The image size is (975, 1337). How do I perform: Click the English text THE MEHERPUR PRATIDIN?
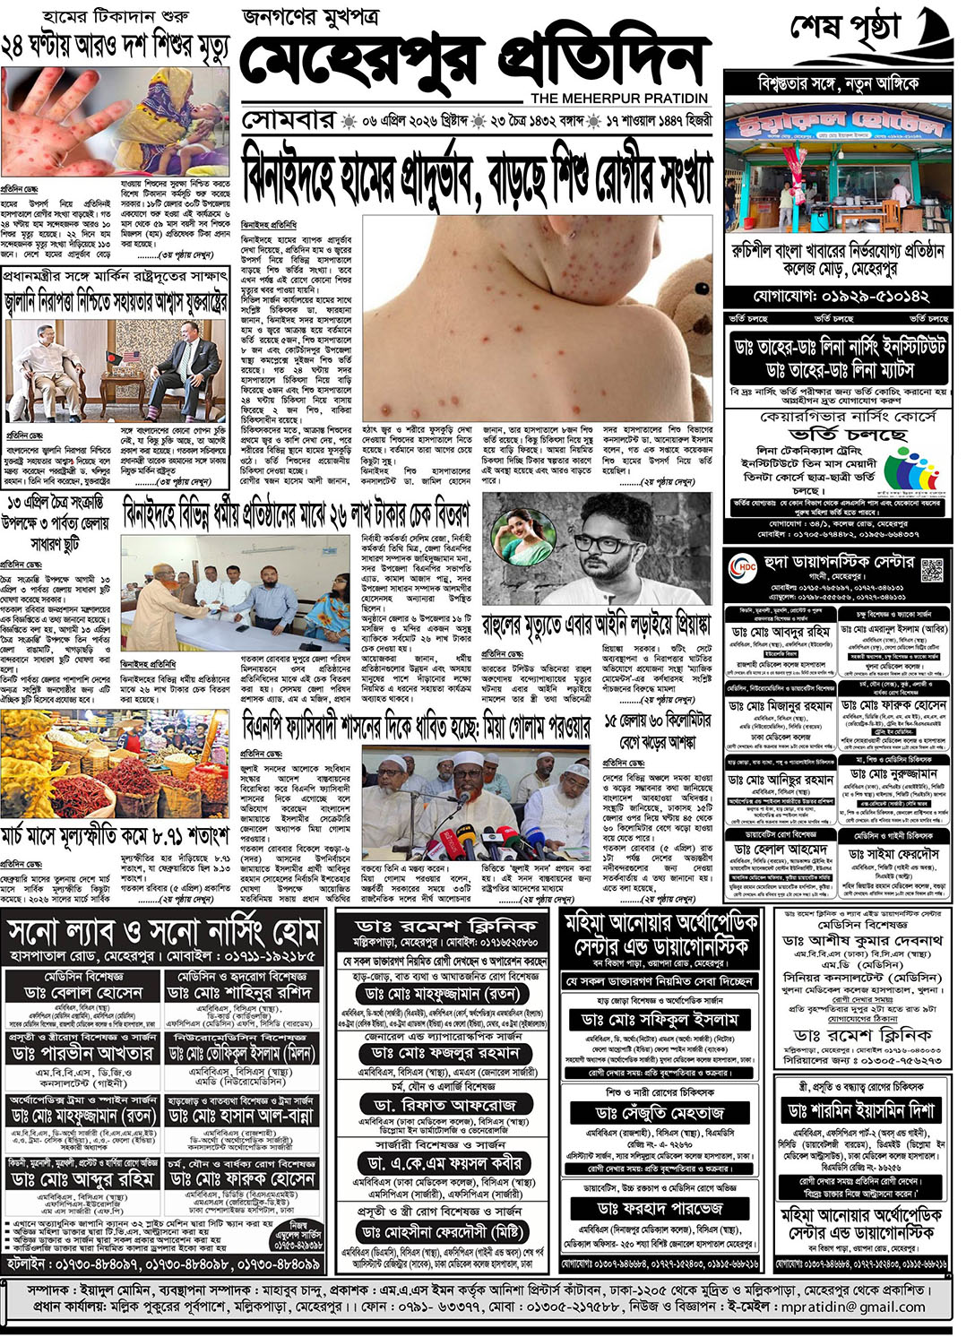[x=618, y=98]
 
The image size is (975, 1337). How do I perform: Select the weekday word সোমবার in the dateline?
[x=288, y=120]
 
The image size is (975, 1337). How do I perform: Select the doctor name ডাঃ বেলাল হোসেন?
[x=83, y=994]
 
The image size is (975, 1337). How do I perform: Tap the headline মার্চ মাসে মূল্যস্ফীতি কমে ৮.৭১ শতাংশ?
[x=115, y=837]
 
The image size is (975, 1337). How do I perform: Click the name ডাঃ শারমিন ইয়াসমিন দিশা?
[x=860, y=1110]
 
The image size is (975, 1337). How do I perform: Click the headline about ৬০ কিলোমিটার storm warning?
[x=657, y=731]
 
